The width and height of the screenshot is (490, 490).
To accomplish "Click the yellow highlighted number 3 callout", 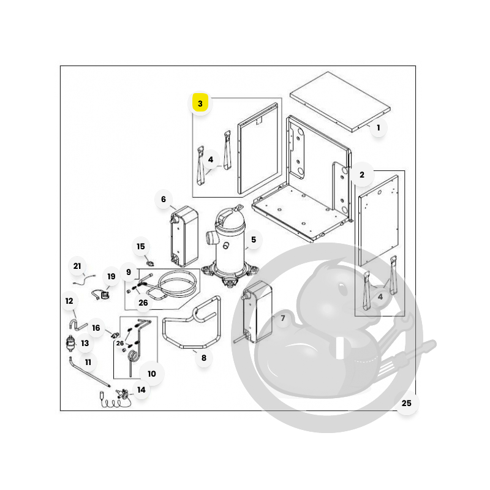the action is pyautogui.click(x=200, y=104).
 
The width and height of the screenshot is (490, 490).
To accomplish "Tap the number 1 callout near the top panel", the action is pyautogui.click(x=378, y=127).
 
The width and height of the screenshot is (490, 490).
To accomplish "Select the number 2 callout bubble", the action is pyautogui.click(x=362, y=175).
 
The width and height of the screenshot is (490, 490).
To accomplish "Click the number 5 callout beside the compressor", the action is pyautogui.click(x=254, y=239).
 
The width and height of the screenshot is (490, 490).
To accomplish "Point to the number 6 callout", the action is pyautogui.click(x=164, y=199).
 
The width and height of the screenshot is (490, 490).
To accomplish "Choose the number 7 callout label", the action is pyautogui.click(x=283, y=318).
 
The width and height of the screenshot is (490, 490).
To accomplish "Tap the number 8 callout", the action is pyautogui.click(x=204, y=358).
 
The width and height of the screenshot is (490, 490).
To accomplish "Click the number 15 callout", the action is pyautogui.click(x=141, y=247).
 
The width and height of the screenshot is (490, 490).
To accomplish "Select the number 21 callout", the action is pyautogui.click(x=77, y=266).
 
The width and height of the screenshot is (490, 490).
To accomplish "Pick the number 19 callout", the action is pyautogui.click(x=111, y=276).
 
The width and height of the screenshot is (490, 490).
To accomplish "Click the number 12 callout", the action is pyautogui.click(x=69, y=301).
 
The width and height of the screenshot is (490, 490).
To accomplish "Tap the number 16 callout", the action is pyautogui.click(x=96, y=328).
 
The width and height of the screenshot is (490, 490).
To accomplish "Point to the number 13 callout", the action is pyautogui.click(x=85, y=343).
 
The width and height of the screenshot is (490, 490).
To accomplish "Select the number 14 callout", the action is pyautogui.click(x=141, y=390).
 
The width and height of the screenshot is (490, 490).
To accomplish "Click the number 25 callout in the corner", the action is pyautogui.click(x=406, y=403).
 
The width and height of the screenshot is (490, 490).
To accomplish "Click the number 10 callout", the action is pyautogui.click(x=151, y=374).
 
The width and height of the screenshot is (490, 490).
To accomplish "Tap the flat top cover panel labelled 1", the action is pyautogui.click(x=340, y=102).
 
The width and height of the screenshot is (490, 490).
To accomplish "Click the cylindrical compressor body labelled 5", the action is pyautogui.click(x=230, y=244).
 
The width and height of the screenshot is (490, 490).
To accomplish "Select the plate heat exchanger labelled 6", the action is pyautogui.click(x=184, y=236).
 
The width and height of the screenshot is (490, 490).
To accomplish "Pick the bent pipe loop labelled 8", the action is pyautogui.click(x=192, y=322).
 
